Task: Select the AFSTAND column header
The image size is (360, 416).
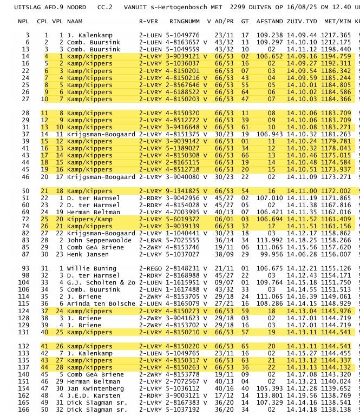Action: (x=269, y=21)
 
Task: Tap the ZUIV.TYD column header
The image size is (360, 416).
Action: (x=302, y=21)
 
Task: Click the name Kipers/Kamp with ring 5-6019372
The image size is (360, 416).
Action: (x=90, y=219)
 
